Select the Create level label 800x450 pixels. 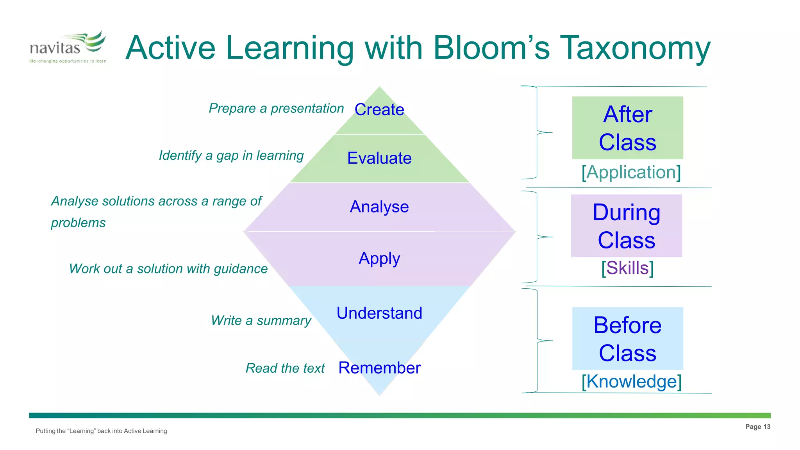click(x=379, y=109)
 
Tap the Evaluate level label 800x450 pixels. click(x=379, y=158)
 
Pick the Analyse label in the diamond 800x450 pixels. click(x=379, y=207)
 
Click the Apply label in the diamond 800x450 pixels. click(x=379, y=259)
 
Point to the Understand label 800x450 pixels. click(x=379, y=313)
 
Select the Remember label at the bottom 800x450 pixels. click(x=379, y=368)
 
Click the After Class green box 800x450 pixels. click(x=627, y=128)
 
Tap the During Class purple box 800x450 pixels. click(x=626, y=226)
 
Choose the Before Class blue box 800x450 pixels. click(x=627, y=338)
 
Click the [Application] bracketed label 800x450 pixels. click(x=631, y=172)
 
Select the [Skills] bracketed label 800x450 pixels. click(x=627, y=268)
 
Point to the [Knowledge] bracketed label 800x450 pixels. click(x=631, y=381)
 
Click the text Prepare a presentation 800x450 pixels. click(x=276, y=108)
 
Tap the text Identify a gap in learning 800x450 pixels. click(x=231, y=155)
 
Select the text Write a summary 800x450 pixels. click(x=261, y=320)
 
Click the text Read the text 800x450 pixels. click(x=285, y=368)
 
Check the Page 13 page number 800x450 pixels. click(x=757, y=427)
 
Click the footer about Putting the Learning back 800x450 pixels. click(x=101, y=431)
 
